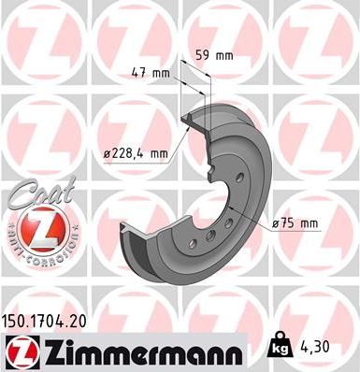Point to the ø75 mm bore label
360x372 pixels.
coord(295,222)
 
